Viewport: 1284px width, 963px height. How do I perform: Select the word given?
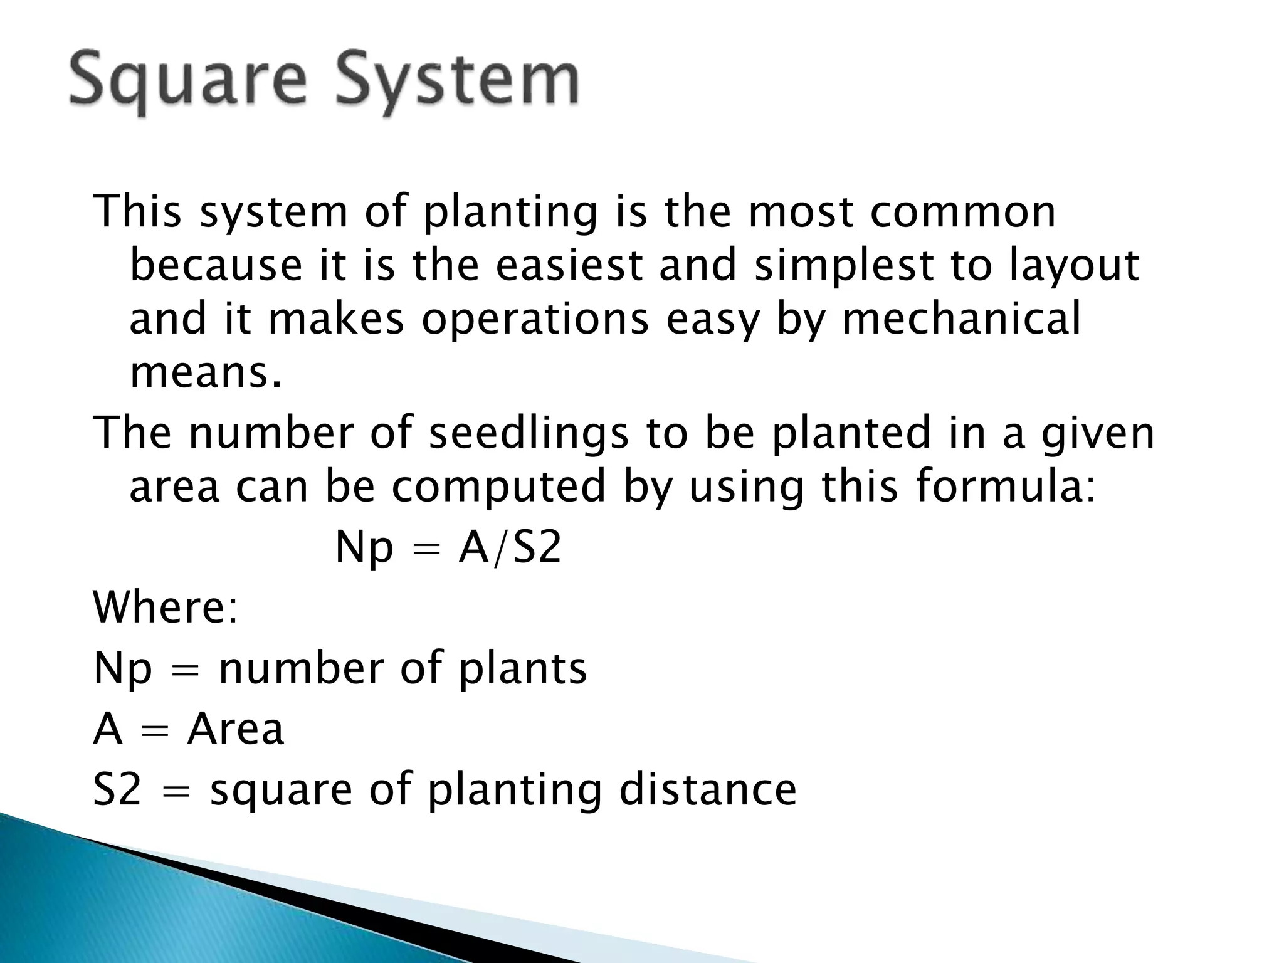[x=1097, y=434]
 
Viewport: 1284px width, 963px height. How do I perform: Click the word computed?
[x=499, y=488]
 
